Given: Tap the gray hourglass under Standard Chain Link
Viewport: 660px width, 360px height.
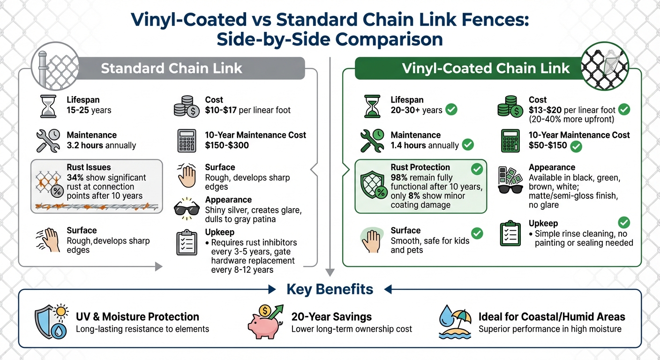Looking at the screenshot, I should pyautogui.click(x=48, y=106).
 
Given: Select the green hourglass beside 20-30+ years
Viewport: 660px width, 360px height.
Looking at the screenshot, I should pyautogui.click(x=373, y=106).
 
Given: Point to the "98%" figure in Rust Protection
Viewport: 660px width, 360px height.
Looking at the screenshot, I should pyautogui.click(x=400, y=178).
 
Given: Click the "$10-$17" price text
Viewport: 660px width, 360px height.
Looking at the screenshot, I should pyautogui.click(x=222, y=110).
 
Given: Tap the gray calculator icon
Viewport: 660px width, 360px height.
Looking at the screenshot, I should pyautogui.click(x=187, y=141).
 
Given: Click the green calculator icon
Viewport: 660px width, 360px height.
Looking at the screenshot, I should pyautogui.click(x=510, y=141).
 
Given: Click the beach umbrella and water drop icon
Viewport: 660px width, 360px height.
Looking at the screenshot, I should pyautogui.click(x=455, y=322).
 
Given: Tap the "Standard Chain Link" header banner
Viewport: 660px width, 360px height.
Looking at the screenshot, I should pyautogui.click(x=172, y=68).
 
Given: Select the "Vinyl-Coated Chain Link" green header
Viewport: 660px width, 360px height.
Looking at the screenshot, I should pyautogui.click(x=486, y=68).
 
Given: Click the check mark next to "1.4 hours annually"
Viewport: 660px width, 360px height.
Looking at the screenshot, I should pyautogui.click(x=468, y=145).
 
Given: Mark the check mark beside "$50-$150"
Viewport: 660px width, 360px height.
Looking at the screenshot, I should pyautogui.click(x=576, y=146).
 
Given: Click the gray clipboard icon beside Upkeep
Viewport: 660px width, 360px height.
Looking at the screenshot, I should pyautogui.click(x=187, y=242).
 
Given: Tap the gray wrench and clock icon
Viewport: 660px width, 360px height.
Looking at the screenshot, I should pyautogui.click(x=48, y=140).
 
